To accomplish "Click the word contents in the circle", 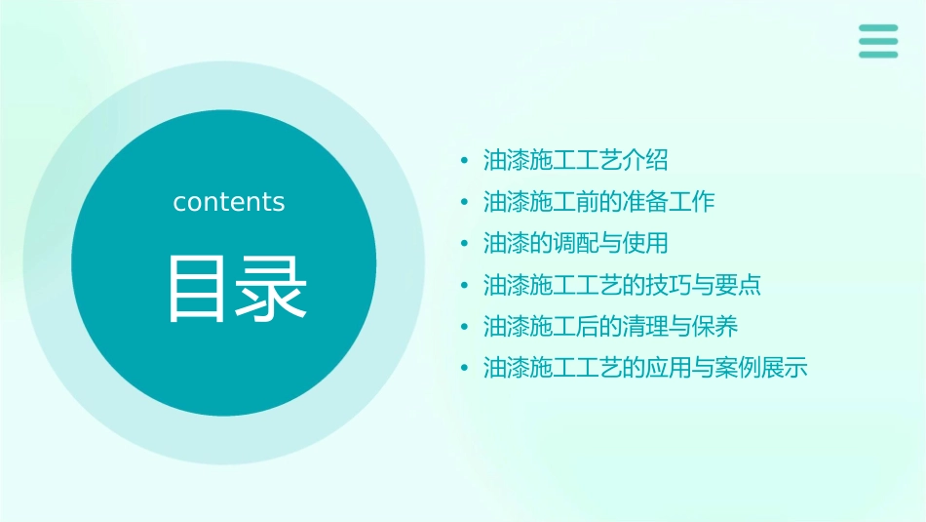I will [x=229, y=202].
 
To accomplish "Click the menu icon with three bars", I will [x=878, y=41].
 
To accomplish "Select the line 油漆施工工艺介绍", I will [x=576, y=160].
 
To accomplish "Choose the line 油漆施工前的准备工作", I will [x=599, y=202].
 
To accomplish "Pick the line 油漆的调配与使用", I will [x=576, y=243].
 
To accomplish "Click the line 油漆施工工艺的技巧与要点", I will [x=623, y=285].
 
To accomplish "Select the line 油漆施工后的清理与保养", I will [x=611, y=326].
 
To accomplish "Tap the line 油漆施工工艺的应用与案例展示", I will [x=646, y=368].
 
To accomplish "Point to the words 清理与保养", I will [x=680, y=326].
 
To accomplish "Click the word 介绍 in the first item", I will [x=646, y=160].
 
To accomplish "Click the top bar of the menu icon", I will [x=878, y=28].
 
